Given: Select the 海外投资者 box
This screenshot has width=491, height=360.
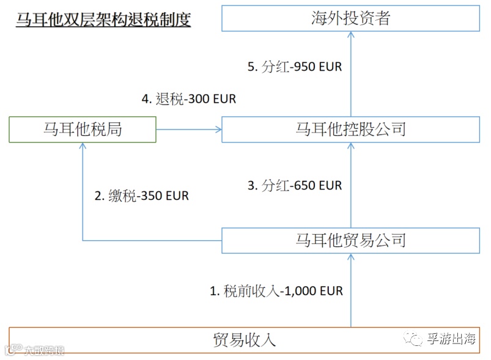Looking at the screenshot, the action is pos(350,18).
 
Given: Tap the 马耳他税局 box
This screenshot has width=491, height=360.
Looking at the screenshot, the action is pos(83,130).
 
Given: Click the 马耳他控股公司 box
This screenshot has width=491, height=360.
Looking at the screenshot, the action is pos(350,130).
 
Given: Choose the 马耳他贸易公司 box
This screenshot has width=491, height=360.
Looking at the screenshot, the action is pos(350,240).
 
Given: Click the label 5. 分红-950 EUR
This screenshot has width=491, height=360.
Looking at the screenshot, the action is pos(295,67).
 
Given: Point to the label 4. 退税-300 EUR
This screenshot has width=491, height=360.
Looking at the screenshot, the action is pos(188,99).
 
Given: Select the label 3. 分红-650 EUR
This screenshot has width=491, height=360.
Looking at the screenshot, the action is pos(295,185).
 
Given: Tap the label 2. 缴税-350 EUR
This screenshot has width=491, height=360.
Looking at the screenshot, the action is pos(141,196).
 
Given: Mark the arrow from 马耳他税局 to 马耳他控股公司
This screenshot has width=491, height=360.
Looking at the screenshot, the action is pos(189,130).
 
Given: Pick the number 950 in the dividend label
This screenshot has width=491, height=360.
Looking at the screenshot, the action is pos(304,67).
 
